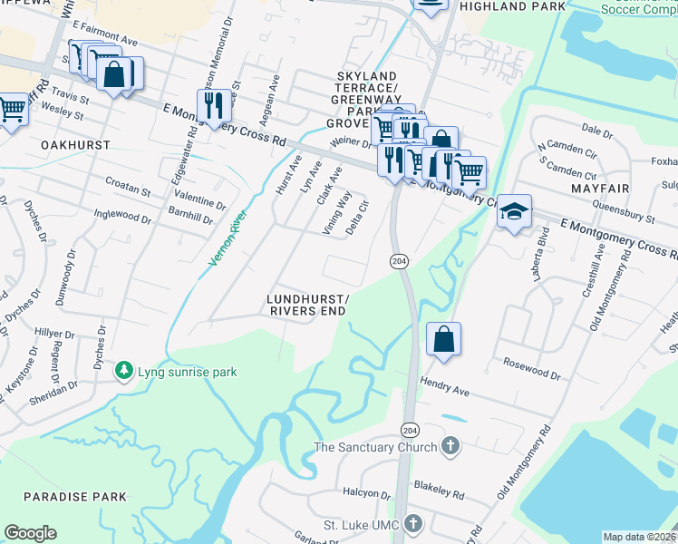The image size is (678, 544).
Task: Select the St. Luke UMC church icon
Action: pyautogui.click(x=413, y=524)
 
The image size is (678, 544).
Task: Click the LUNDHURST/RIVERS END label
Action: pyautogui.click(x=307, y=305)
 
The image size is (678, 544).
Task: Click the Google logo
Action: pyautogui.click(x=30, y=533)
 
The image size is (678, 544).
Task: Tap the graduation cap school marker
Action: pyautogui.click(x=514, y=212)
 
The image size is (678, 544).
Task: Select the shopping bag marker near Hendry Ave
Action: pyautogui.click(x=442, y=340)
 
